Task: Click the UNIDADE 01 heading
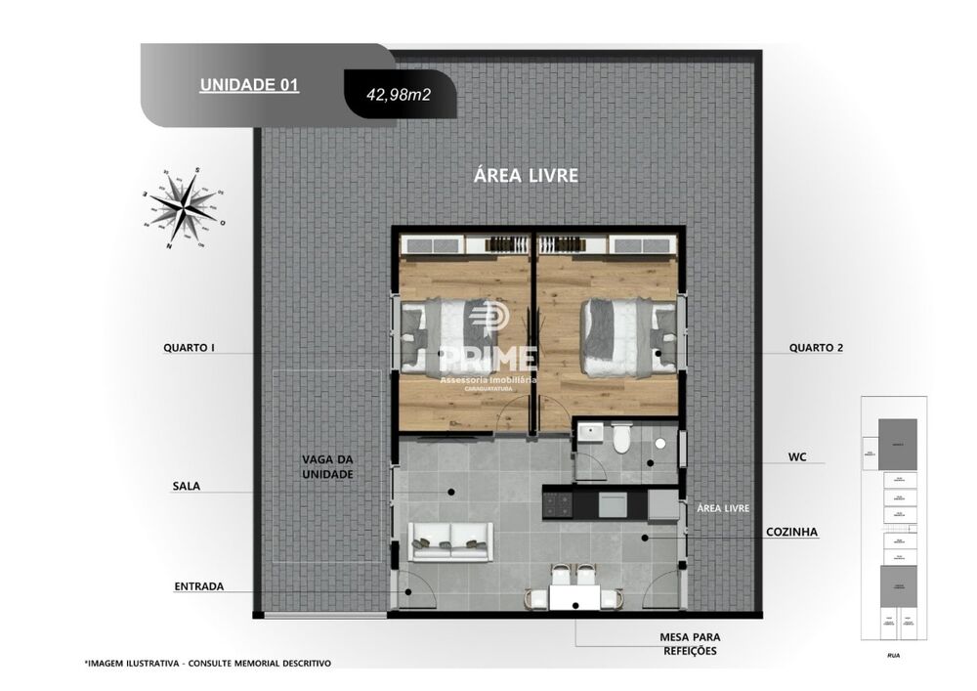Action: [249, 85]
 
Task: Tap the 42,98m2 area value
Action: [398, 96]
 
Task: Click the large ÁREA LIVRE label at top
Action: [526, 176]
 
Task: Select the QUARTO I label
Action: [189, 347]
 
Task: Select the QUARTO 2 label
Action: [816, 347]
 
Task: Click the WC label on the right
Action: [795, 456]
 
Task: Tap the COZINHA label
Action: [792, 533]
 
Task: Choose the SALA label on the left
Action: [186, 486]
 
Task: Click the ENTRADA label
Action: [198, 586]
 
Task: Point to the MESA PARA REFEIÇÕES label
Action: [689, 643]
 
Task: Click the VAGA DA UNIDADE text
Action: [327, 466]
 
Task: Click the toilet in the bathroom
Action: [621, 444]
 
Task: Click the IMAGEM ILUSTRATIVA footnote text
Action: [207, 663]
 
